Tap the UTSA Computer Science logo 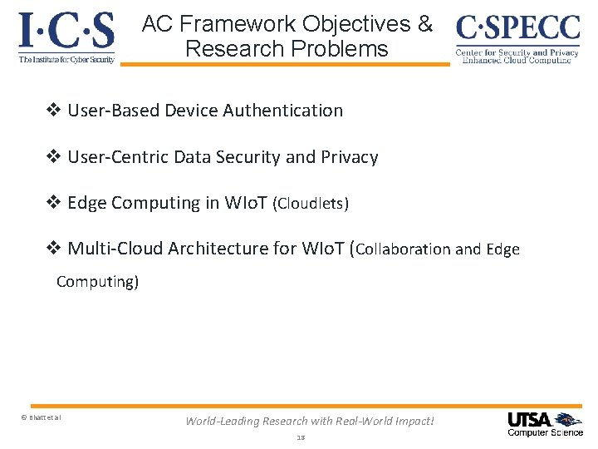tap(545, 423)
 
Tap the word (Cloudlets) tap(311, 204)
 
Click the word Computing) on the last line tap(97, 282)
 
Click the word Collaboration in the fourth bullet tap(404, 249)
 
